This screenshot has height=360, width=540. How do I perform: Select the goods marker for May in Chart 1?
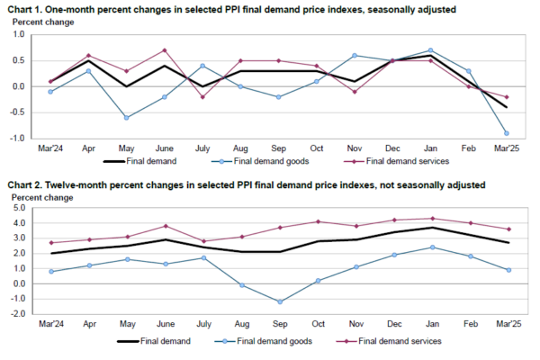(126, 118)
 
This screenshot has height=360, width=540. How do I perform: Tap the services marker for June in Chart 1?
(165, 50)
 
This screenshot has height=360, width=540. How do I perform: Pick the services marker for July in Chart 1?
(202, 96)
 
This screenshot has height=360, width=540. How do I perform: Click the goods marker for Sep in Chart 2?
(279, 301)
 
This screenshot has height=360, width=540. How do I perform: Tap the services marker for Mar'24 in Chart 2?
(50, 243)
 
